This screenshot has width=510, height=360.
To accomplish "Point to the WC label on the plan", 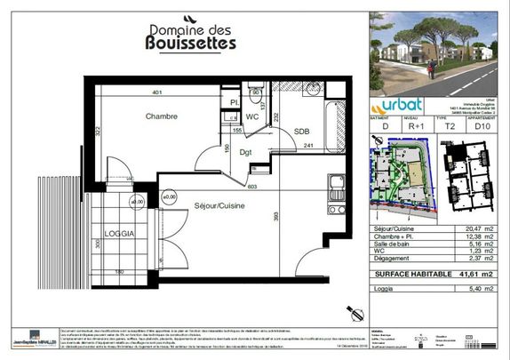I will point(251,116).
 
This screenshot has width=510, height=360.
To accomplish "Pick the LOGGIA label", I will point(119,233).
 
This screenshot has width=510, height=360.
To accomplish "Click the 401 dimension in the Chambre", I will point(157,92).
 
